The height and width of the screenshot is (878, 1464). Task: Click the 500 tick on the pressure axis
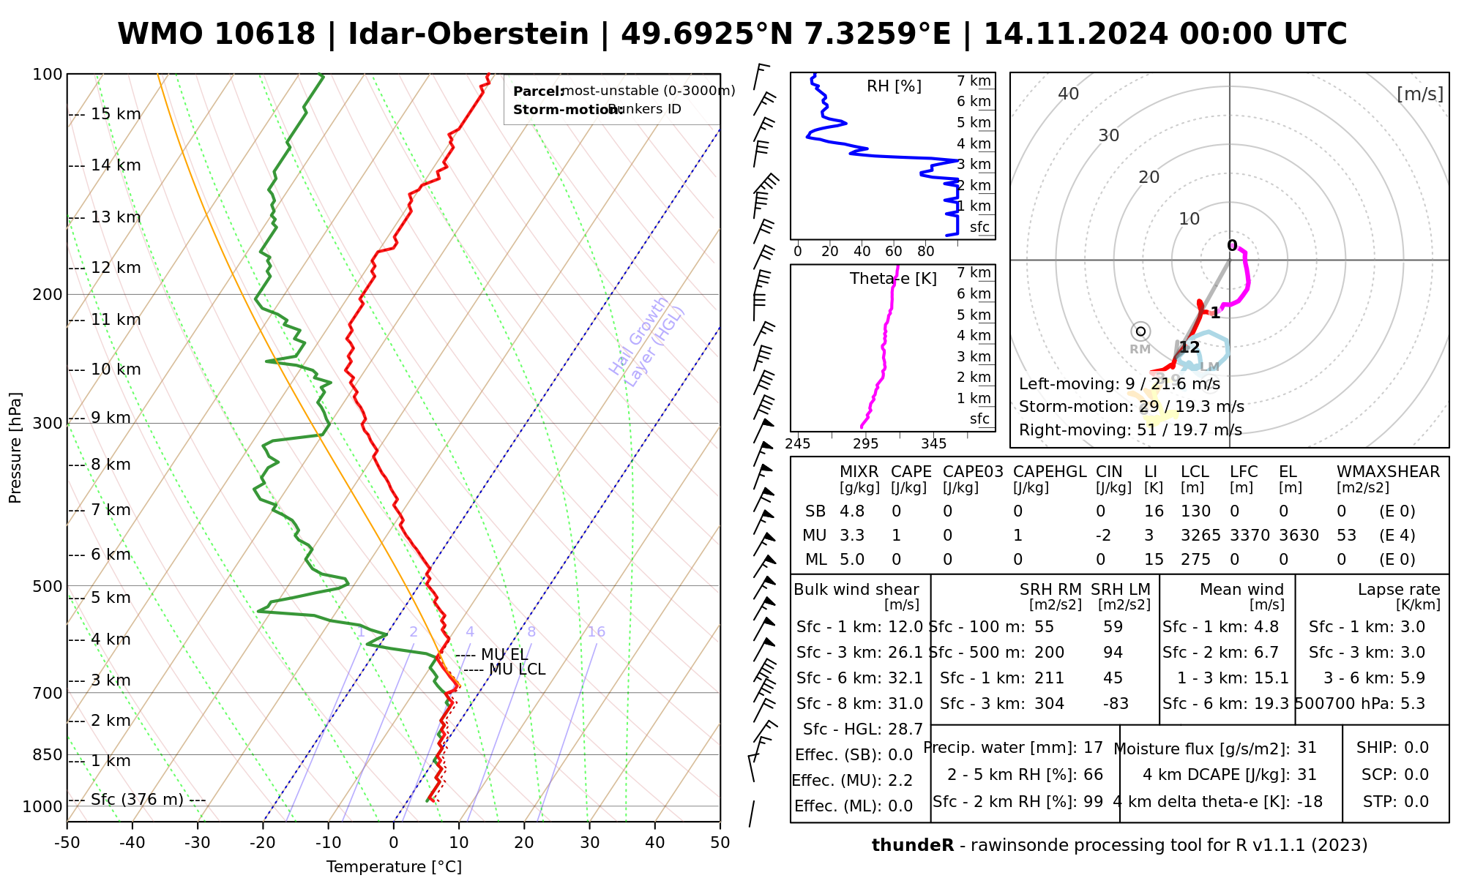pyautogui.click(x=48, y=586)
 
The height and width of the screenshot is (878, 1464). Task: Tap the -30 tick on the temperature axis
pyautogui.click(x=198, y=843)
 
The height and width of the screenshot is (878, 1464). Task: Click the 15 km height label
pyautogui.click(x=116, y=114)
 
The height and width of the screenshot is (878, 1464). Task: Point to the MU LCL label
pyautogui.click(x=517, y=669)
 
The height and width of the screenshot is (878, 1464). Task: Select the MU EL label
pyautogui.click(x=504, y=655)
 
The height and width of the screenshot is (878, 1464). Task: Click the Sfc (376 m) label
pyautogui.click(x=137, y=800)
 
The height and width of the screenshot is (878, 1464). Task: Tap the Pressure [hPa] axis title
pyautogui.click(x=15, y=448)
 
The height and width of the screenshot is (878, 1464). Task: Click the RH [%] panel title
pyautogui.click(x=894, y=86)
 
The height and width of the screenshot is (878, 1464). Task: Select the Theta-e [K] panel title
pyautogui.click(x=893, y=279)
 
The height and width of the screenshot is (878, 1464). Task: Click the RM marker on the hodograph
pyautogui.click(x=1140, y=331)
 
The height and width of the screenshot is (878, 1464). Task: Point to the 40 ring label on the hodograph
pyautogui.click(x=1069, y=94)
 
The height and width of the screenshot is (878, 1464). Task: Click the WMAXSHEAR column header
pyautogui.click(x=1388, y=472)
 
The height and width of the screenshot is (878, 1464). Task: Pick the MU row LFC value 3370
pyautogui.click(x=1250, y=536)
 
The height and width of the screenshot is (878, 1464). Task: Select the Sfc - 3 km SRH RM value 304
pyautogui.click(x=1049, y=704)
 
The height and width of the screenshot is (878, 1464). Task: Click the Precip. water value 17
pyautogui.click(x=1093, y=748)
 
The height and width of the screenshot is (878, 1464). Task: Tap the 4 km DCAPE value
pyautogui.click(x=1307, y=775)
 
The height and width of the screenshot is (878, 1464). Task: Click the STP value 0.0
pyautogui.click(x=1416, y=802)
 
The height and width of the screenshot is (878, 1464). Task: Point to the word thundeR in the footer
pyautogui.click(x=913, y=846)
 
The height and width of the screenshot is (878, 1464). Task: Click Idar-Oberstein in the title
pyautogui.click(x=468, y=34)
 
